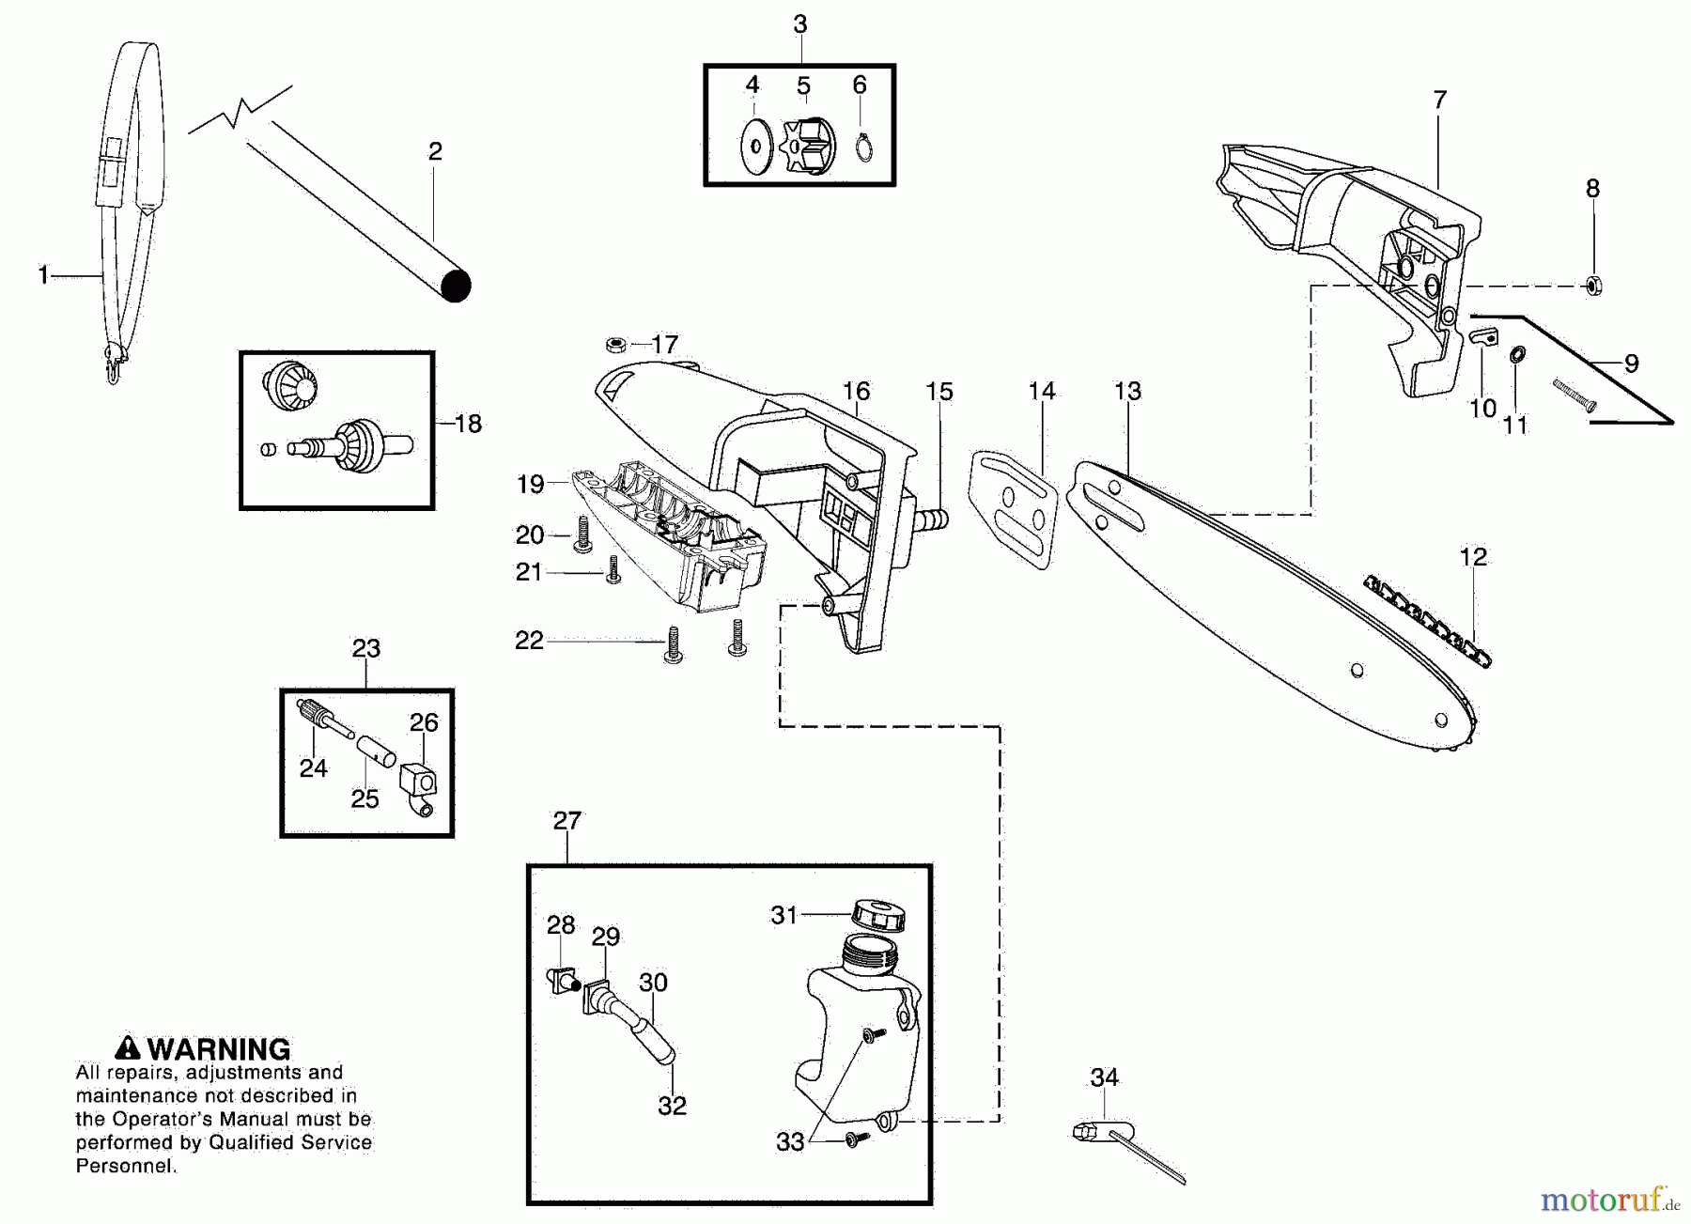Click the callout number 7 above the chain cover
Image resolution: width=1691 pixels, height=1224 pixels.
tap(1440, 100)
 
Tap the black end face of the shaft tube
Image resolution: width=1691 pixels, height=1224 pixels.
tap(456, 286)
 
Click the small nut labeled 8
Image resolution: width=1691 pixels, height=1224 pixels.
tap(1593, 286)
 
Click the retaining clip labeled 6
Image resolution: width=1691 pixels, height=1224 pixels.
tap(864, 147)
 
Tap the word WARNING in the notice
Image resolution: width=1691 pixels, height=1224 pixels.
tap(219, 1049)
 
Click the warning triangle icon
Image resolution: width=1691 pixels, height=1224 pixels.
tap(127, 1048)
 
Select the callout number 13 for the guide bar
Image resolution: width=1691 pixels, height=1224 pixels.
tap(1127, 392)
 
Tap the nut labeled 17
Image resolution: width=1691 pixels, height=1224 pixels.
tap(615, 345)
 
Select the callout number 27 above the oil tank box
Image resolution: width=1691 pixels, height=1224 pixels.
tap(566, 821)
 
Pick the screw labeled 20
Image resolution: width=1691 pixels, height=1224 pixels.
tap(582, 535)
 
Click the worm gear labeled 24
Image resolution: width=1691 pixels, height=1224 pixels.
tap(319, 716)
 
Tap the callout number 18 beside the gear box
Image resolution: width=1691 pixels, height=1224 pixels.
tap(468, 425)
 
